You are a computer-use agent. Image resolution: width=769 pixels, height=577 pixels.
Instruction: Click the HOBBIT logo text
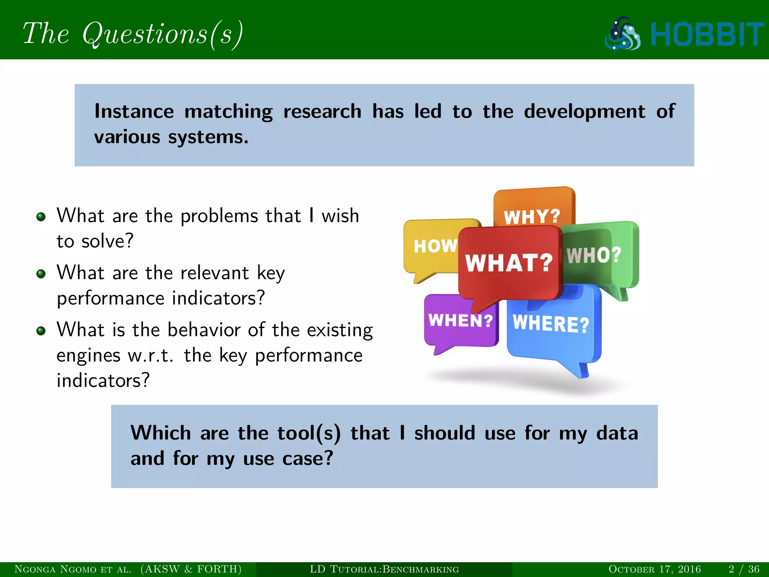(x=707, y=35)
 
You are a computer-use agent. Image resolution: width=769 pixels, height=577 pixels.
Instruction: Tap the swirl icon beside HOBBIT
(x=623, y=34)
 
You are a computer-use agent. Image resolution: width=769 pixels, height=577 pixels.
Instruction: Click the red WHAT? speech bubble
(x=509, y=263)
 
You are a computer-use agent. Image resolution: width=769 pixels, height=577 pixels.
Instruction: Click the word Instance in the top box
(x=134, y=112)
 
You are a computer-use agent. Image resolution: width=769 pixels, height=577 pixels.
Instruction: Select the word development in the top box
(x=584, y=112)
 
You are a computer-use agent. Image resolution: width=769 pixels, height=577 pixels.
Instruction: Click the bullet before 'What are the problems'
(x=41, y=217)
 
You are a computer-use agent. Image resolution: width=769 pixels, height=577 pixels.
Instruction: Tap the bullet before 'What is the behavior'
(x=41, y=331)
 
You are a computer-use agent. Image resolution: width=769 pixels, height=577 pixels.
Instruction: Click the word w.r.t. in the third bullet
(x=151, y=355)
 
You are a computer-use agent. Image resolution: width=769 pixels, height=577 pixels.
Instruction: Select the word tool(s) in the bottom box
(x=309, y=433)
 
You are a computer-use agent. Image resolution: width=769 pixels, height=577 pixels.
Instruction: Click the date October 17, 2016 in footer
(x=654, y=569)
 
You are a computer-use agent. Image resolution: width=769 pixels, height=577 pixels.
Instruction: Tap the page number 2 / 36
(x=744, y=569)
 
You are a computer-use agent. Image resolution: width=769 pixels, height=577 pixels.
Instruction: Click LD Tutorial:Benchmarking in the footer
(x=384, y=569)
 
